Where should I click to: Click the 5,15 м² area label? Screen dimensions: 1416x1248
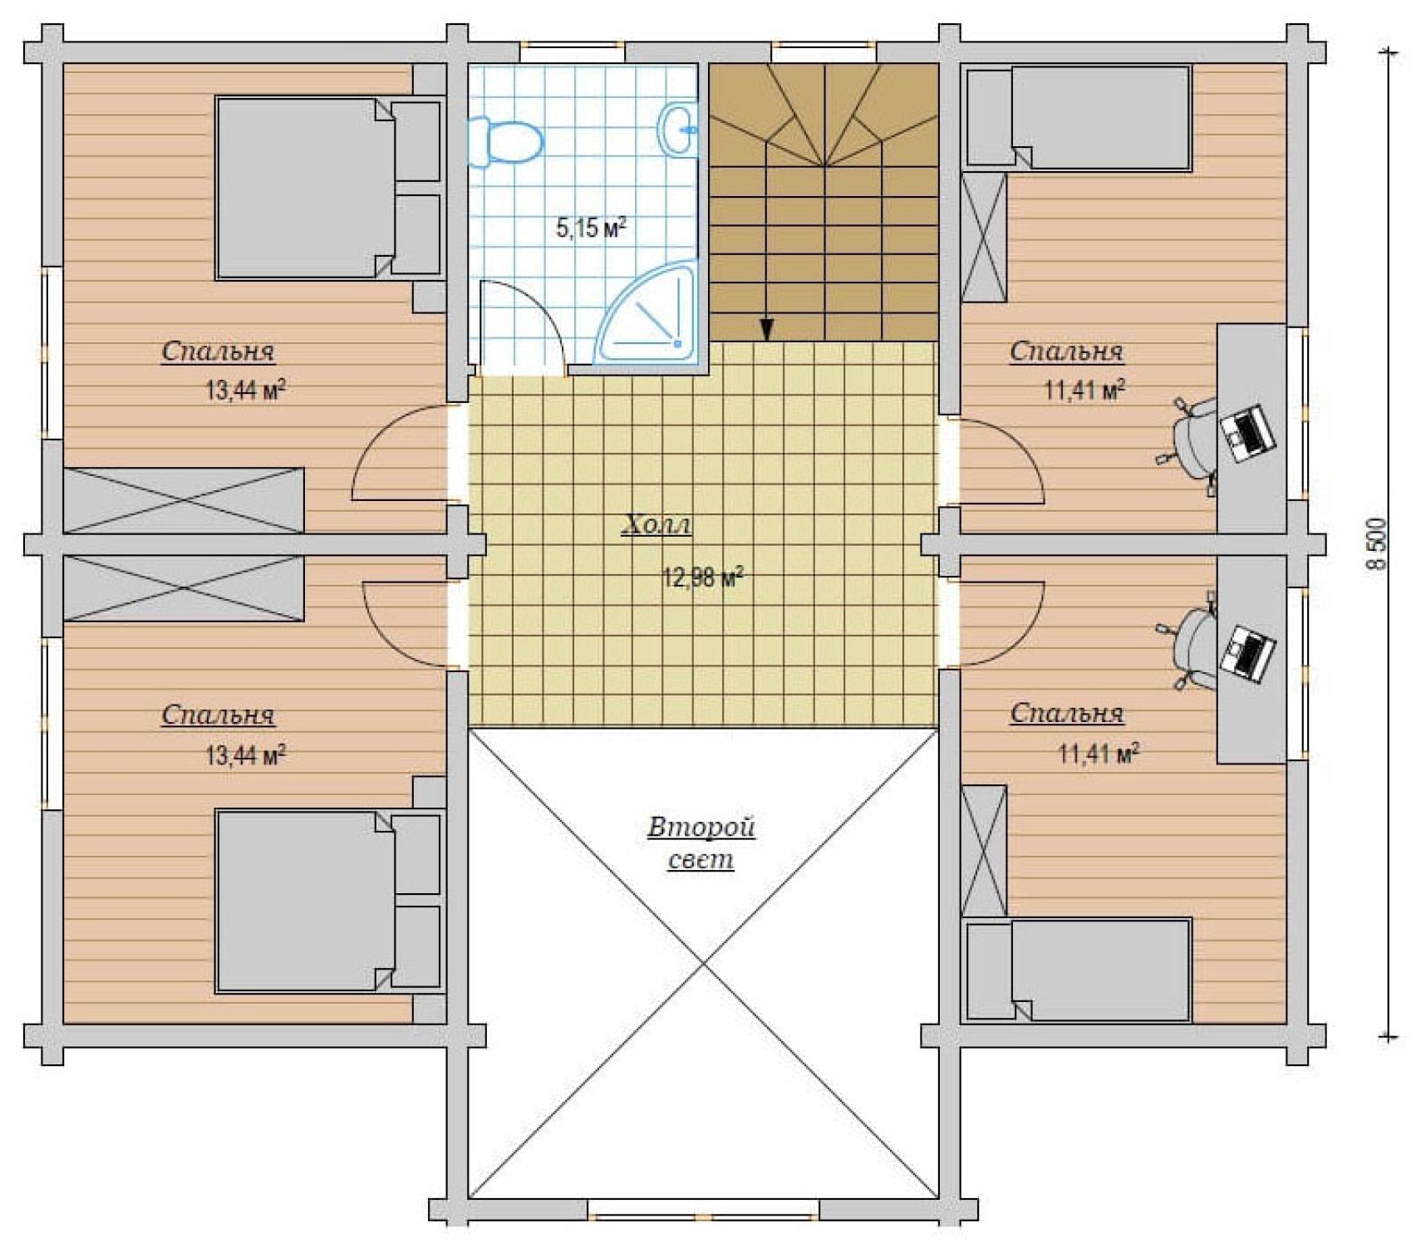(591, 227)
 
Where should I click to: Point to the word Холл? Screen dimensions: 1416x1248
(656, 524)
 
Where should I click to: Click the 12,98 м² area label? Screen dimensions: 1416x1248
(702, 577)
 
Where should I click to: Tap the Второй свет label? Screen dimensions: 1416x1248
(701, 842)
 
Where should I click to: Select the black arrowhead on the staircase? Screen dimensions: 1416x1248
(766, 330)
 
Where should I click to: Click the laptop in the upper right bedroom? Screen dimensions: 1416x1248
(1247, 432)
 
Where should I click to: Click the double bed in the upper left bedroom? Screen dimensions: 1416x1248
(328, 188)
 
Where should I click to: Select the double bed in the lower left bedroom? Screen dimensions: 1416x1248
(328, 901)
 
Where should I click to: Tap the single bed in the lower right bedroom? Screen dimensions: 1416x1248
(1079, 970)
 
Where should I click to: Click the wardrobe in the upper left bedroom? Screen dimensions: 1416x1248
(184, 499)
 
